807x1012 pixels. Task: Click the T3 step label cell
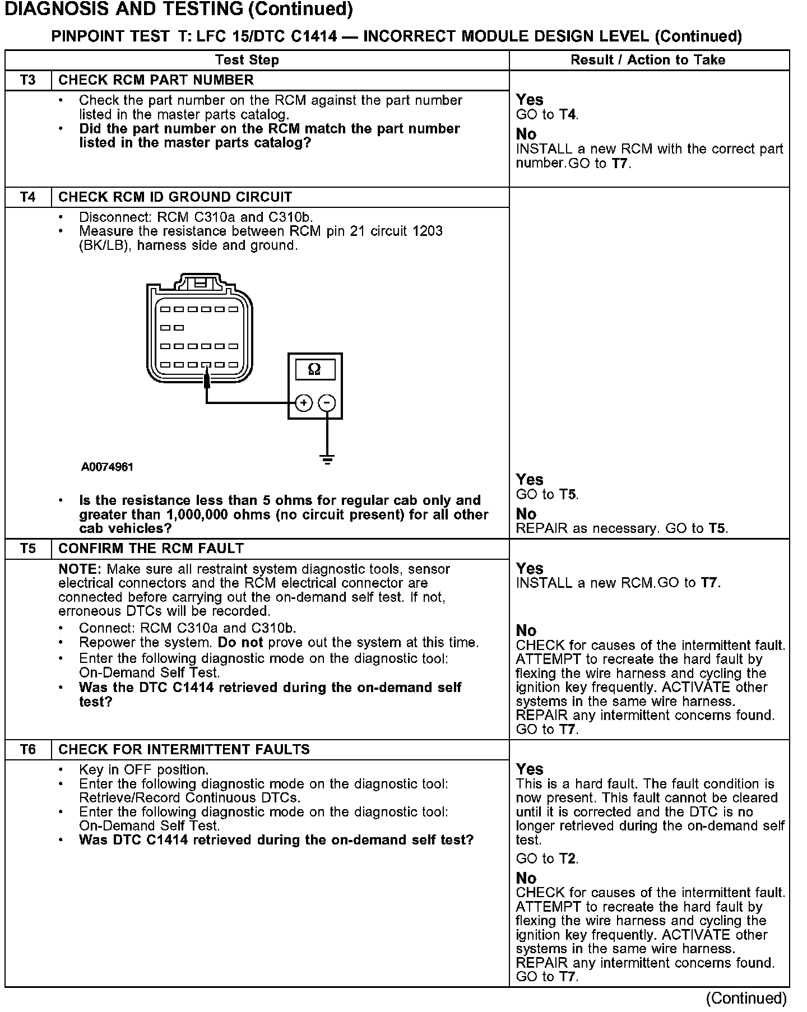(x=28, y=80)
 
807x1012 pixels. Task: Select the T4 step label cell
(x=28, y=197)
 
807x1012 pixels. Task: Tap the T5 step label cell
(x=28, y=549)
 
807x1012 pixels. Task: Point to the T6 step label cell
(x=28, y=750)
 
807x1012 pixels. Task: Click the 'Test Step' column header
(x=247, y=60)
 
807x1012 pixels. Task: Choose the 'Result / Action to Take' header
(x=648, y=60)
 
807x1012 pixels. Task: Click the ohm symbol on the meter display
(x=314, y=369)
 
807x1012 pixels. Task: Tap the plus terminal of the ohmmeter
(x=303, y=402)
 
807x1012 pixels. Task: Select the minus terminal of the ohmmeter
(x=327, y=402)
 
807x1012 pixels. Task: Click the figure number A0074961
(x=107, y=467)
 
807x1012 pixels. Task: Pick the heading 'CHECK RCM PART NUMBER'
(x=156, y=80)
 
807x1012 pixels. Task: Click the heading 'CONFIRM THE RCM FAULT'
(x=151, y=549)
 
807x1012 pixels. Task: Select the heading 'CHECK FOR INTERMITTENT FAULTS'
(x=184, y=750)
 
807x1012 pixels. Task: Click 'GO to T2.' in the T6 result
(x=547, y=859)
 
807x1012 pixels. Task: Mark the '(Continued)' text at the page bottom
(x=746, y=998)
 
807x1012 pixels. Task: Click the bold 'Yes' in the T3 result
(x=530, y=100)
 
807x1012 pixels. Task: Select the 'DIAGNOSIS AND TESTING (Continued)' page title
(x=178, y=10)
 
